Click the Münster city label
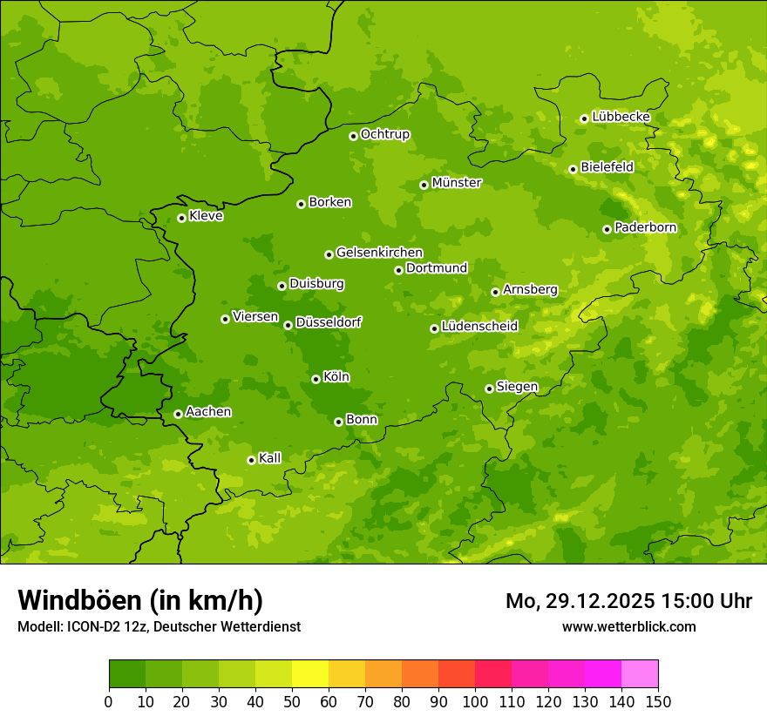click(457, 183)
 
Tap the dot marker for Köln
click(316, 379)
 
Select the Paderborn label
click(645, 227)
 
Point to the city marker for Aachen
click(178, 414)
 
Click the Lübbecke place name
click(621, 117)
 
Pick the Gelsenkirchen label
click(379, 253)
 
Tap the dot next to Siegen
click(489, 389)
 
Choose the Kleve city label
click(206, 216)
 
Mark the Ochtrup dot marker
click(353, 136)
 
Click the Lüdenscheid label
click(479, 327)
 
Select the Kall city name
click(270, 458)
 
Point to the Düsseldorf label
click(329, 322)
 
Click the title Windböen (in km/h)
click(140, 600)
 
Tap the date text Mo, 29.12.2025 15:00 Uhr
click(628, 601)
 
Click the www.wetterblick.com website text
click(628, 626)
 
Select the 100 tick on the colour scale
click(475, 701)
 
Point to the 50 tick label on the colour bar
click(292, 701)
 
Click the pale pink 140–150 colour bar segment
click(640, 674)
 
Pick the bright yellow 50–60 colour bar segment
click(310, 674)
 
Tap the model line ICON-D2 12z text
click(159, 626)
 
